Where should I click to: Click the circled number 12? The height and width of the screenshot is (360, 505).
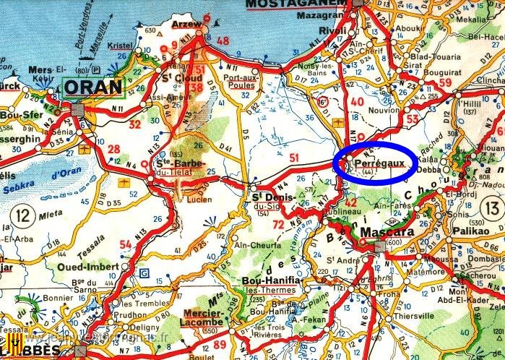pyautogui.click(x=27, y=215)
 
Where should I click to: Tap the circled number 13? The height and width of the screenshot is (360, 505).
pyautogui.click(x=493, y=208)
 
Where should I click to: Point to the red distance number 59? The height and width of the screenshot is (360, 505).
pyautogui.click(x=445, y=83)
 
